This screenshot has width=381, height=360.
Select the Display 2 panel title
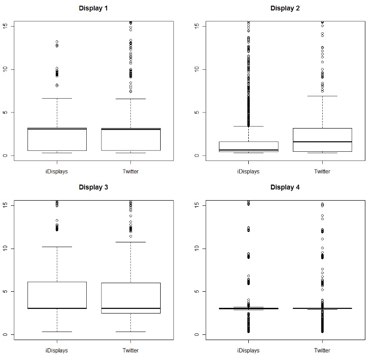coord(285,8)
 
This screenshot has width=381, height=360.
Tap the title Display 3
coord(93,187)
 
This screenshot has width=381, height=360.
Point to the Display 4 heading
coord(285,187)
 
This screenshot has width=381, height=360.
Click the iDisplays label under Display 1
coord(57,171)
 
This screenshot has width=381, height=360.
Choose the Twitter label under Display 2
coord(322,171)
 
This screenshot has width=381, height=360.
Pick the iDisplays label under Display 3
coord(57,351)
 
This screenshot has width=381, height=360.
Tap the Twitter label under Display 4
coord(322,351)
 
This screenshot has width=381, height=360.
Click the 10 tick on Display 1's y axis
coord(6,69)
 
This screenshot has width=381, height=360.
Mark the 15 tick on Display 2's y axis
coord(197,26)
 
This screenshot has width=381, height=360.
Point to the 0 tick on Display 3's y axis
coord(6,334)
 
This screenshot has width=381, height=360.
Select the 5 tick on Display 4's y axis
coord(197,291)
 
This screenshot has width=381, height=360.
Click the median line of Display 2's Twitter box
coord(322,142)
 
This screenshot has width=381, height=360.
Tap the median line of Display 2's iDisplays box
coord(248,150)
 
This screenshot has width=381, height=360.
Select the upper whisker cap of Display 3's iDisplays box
coord(57,247)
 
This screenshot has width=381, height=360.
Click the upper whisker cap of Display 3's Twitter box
coord(131,242)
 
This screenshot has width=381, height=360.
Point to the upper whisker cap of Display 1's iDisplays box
coord(57,98)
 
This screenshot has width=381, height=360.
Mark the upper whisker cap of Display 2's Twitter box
coord(322,96)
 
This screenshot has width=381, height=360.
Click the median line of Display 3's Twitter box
coord(131,308)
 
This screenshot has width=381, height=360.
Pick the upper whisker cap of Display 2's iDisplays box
coord(248,126)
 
